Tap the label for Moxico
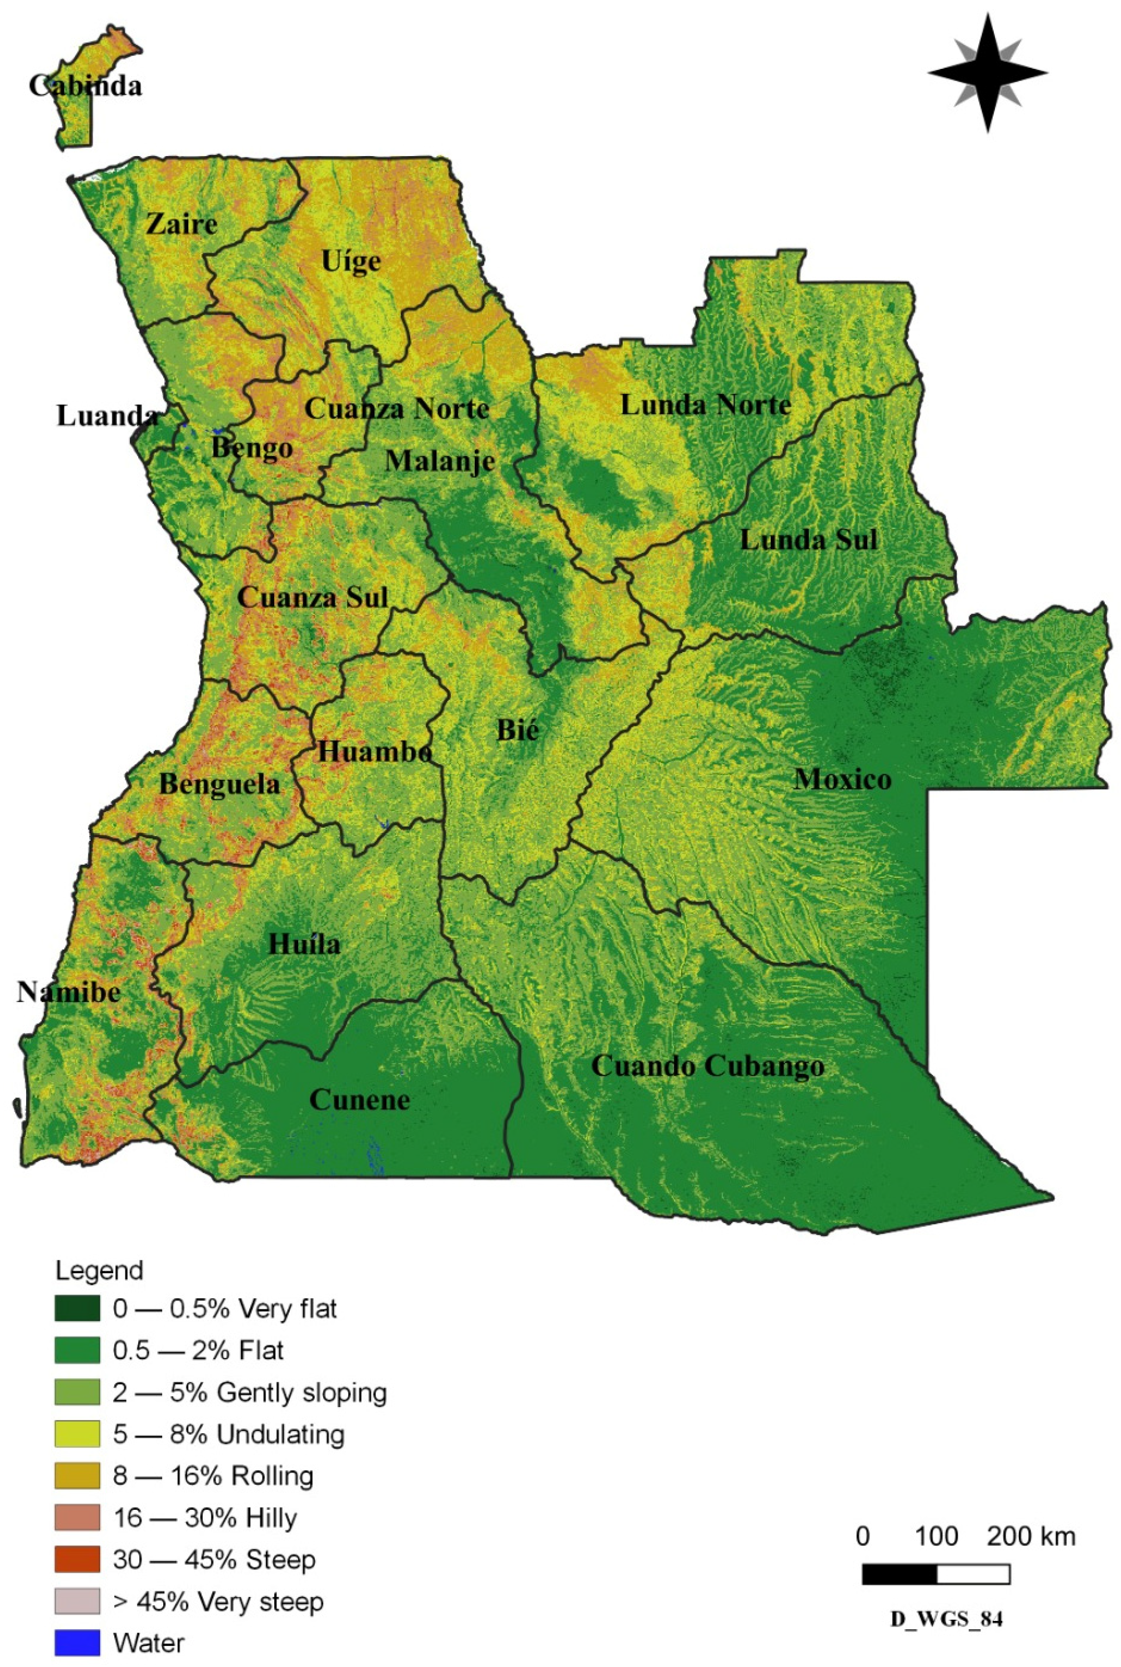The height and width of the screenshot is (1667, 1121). point(842,779)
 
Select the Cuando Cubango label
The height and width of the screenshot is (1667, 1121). point(708,1067)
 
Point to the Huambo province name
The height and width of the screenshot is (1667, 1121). point(375,752)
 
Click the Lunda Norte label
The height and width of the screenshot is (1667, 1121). point(705,405)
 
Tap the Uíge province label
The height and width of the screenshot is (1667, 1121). point(350,262)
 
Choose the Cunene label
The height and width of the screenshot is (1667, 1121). point(360,1099)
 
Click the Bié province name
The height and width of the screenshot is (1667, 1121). point(517,731)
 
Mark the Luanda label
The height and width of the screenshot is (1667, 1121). point(107,416)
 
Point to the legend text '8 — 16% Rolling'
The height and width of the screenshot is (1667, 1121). point(213,1476)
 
